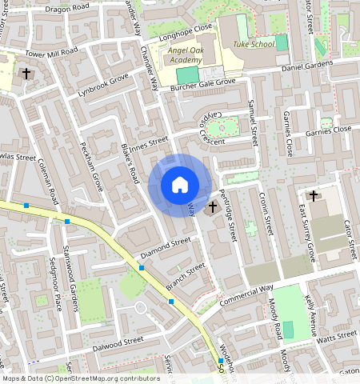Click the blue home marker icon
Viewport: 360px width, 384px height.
[x=180, y=185]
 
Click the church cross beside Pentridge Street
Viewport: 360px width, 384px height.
[x=213, y=209]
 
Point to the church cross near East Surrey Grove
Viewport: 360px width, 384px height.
[x=313, y=195]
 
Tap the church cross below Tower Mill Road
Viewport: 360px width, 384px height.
[x=26, y=74]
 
